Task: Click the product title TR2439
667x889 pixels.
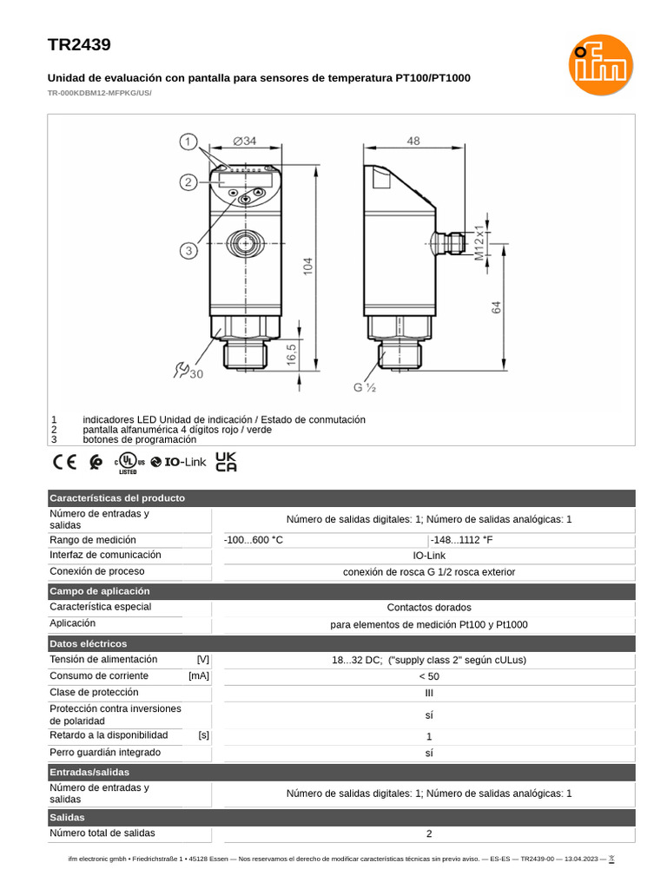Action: pyautogui.click(x=79, y=45)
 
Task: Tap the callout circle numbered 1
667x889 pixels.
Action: pyautogui.click(x=189, y=142)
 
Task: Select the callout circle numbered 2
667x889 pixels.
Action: pyautogui.click(x=189, y=181)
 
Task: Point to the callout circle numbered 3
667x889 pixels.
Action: pyautogui.click(x=189, y=251)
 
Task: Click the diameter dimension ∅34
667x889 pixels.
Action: pyautogui.click(x=245, y=142)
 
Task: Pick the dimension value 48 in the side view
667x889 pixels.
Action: pyautogui.click(x=413, y=141)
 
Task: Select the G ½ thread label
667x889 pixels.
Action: pyautogui.click(x=364, y=387)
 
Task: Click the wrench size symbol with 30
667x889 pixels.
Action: pyautogui.click(x=188, y=372)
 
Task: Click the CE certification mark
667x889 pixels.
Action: pyautogui.click(x=65, y=462)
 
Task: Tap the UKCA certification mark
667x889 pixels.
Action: pyautogui.click(x=226, y=462)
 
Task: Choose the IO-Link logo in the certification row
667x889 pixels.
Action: pyautogui.click(x=179, y=462)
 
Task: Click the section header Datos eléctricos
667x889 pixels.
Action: pyautogui.click(x=89, y=643)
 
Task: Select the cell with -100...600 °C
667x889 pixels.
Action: pyautogui.click(x=254, y=540)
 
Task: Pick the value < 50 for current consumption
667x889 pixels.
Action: pyautogui.click(x=429, y=676)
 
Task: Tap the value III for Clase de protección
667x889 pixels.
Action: pyautogui.click(x=429, y=693)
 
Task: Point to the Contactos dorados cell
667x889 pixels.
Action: pyautogui.click(x=429, y=608)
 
